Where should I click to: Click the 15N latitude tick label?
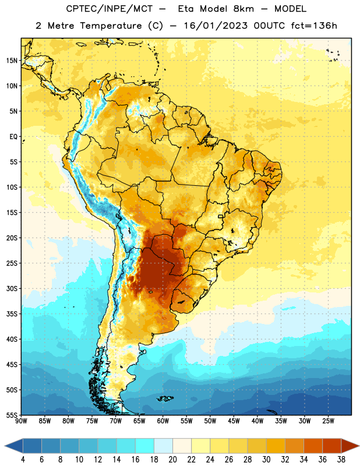coord(12,61)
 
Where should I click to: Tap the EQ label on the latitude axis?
coord(13,137)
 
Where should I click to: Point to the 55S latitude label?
coord(12,415)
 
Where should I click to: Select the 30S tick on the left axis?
coord(12,288)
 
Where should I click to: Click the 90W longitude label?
coord(21,421)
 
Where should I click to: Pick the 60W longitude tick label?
coord(163,421)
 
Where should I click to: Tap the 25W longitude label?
coord(328,421)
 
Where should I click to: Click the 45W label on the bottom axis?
coord(234,421)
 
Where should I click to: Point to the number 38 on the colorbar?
coord(341,460)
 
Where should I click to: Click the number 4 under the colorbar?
coord(23,460)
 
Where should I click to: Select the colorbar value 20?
coord(172,460)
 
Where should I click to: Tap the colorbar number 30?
coord(266,460)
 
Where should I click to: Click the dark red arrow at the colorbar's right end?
coord(350,446)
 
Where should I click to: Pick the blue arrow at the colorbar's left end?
coord(14,446)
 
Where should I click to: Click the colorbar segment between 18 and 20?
coord(163,446)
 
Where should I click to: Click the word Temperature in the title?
coord(111,26)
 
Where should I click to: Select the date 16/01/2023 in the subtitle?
coord(216,26)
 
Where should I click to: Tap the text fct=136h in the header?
coord(314,26)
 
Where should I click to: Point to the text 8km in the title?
coord(243,9)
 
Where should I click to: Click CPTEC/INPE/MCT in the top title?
coord(110,9)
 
